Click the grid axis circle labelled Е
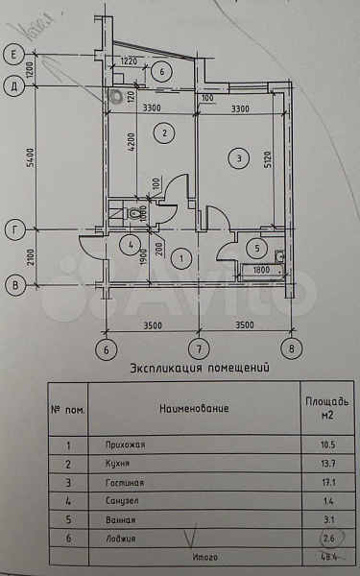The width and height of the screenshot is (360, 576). point(14,54)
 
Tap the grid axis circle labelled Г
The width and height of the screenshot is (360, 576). point(14,230)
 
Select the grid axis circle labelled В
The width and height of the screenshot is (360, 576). point(14,284)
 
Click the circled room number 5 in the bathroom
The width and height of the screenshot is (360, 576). point(255,247)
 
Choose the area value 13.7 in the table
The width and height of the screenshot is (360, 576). point(313,463)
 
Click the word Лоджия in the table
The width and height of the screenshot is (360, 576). point(121,539)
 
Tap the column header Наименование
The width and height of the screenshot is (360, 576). point(195,408)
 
